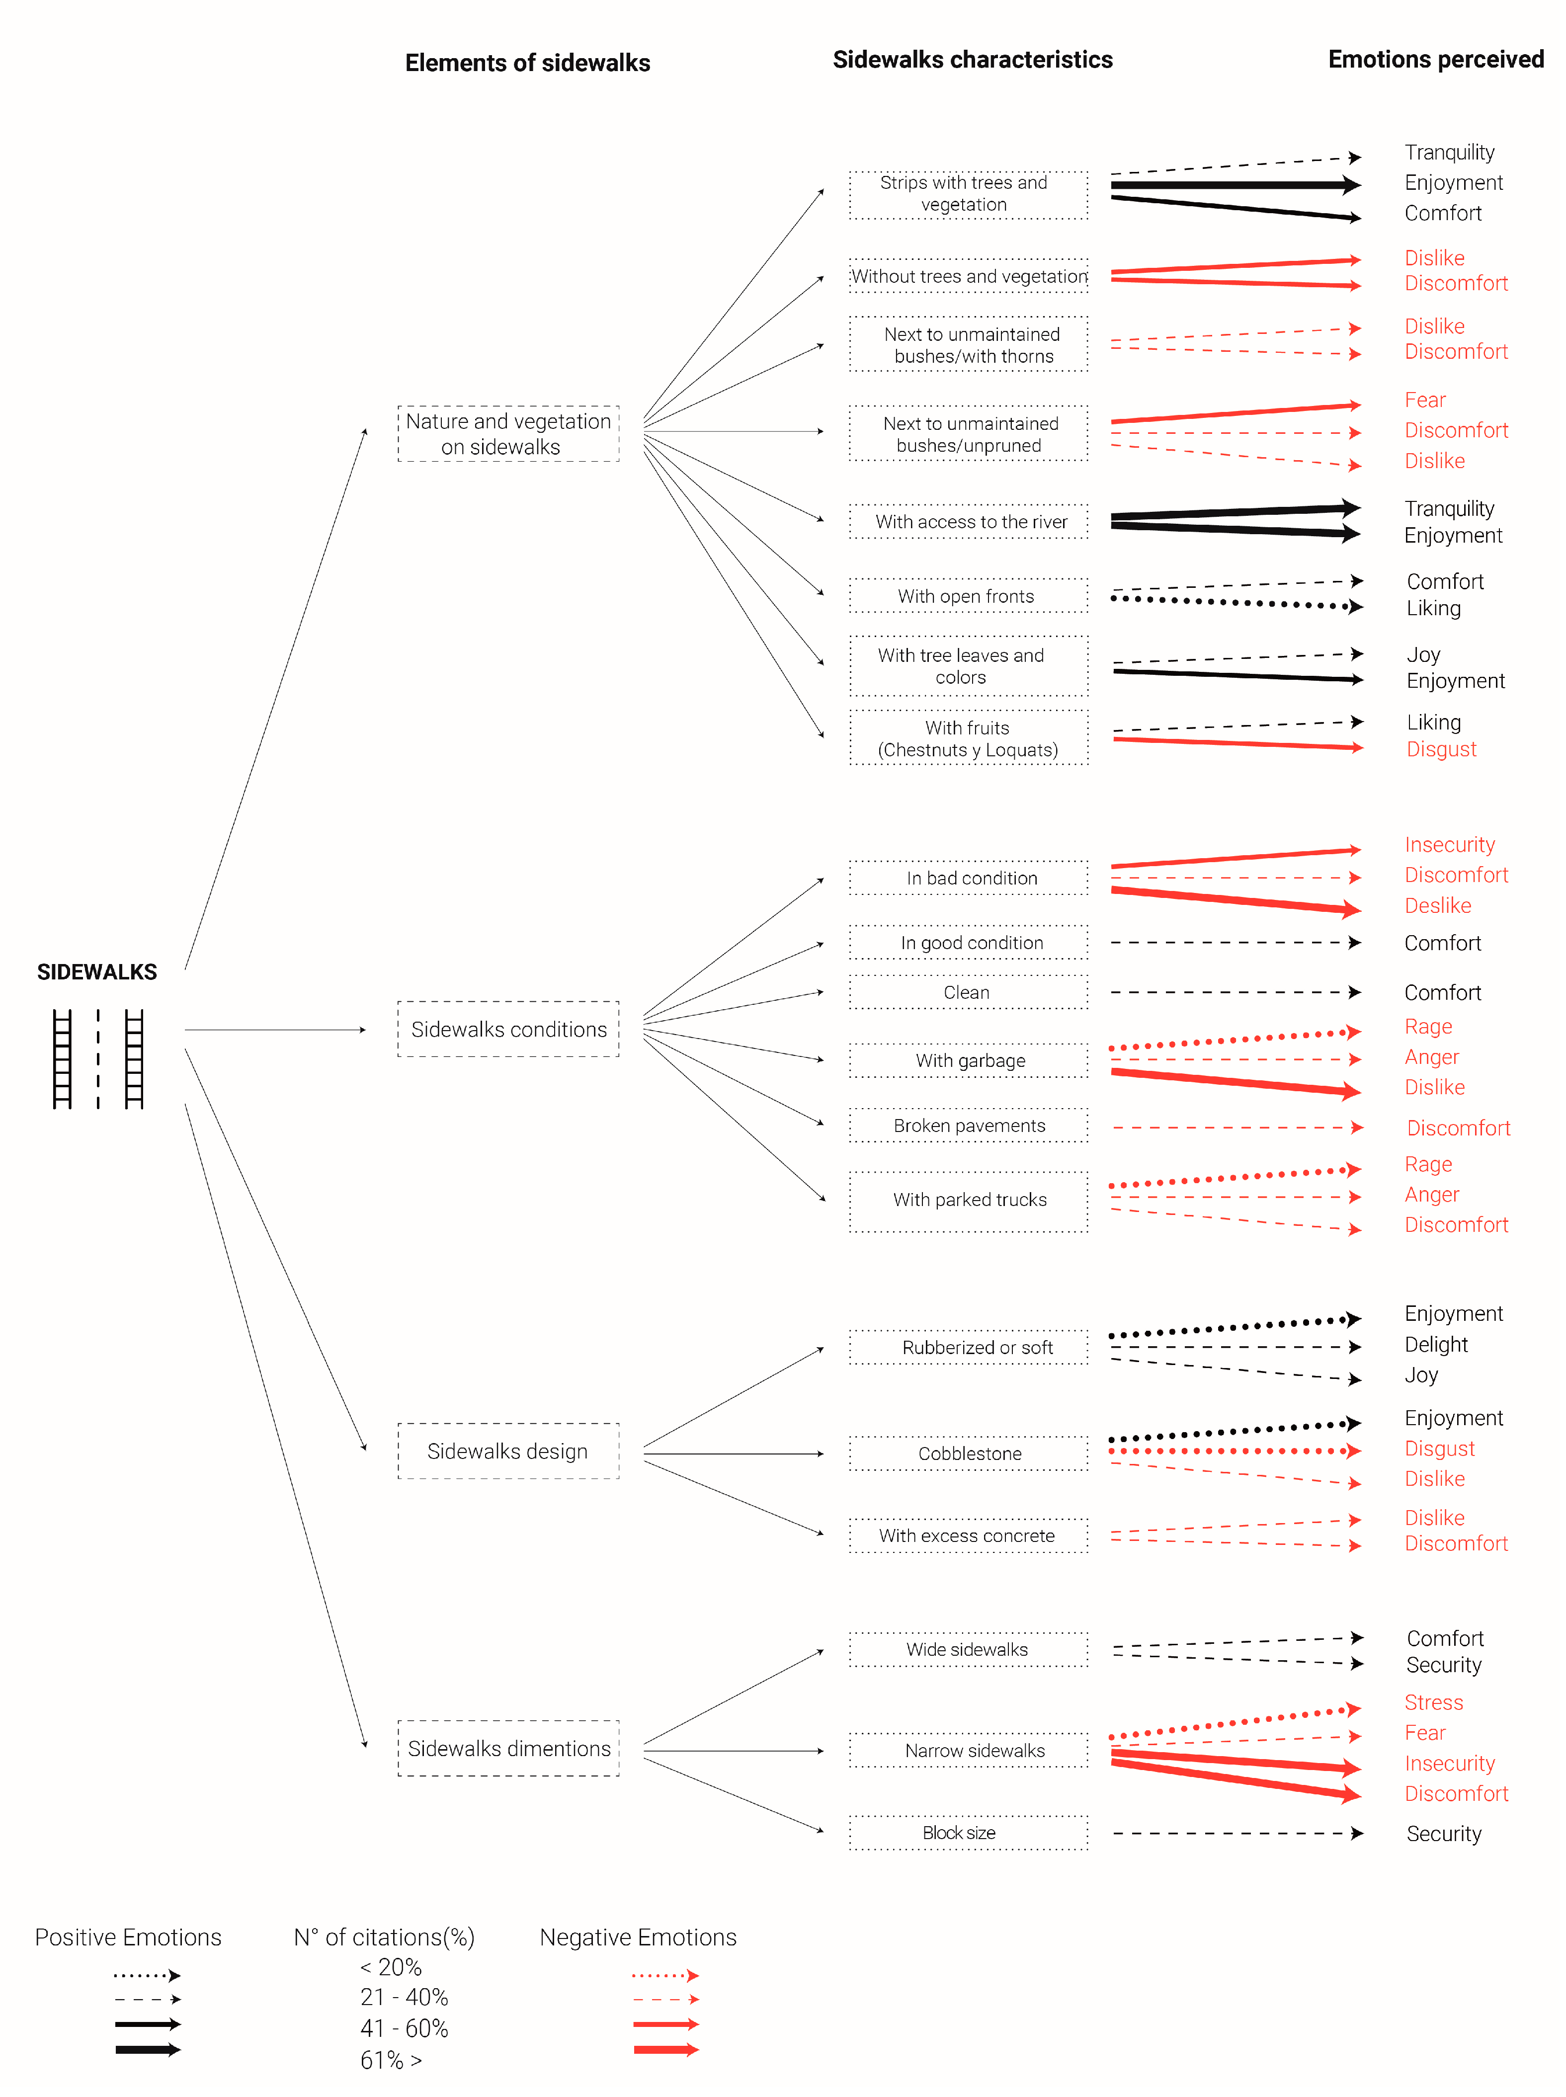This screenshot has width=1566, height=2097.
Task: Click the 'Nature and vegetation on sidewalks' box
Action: tap(508, 434)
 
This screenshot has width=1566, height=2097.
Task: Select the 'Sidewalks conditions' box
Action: tap(508, 1029)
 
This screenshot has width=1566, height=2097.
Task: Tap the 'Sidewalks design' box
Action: tap(508, 1451)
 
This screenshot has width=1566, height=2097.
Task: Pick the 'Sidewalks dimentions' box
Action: tap(508, 1748)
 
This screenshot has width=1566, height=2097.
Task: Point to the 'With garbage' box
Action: tap(969, 1060)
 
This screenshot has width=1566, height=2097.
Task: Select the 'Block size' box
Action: tap(969, 1833)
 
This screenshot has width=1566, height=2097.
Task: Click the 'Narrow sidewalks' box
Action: tap(969, 1750)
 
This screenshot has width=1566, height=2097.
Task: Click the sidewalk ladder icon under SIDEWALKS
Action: tap(97, 1058)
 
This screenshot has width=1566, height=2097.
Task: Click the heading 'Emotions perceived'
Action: tap(1435, 60)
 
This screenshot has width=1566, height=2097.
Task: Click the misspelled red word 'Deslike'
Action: tap(1437, 906)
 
